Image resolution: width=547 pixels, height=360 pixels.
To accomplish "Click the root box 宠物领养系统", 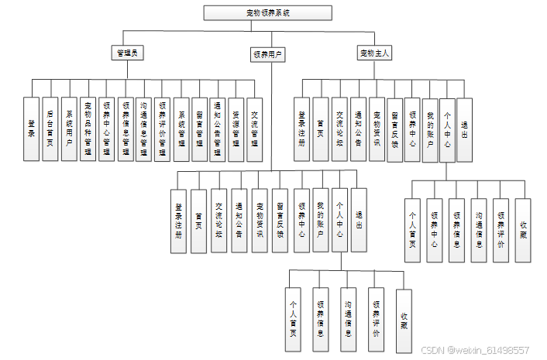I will point(267,12).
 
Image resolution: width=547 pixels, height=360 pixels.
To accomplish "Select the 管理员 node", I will point(127,53).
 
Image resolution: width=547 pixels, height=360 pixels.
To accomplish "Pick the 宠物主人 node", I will point(375,53).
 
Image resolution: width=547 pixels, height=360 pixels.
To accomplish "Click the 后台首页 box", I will point(50,128).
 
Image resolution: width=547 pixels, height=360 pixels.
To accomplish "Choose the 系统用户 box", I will point(69,128).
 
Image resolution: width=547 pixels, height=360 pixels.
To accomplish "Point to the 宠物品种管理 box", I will point(88,128).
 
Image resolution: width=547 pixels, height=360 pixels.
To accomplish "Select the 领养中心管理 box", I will point(107,128).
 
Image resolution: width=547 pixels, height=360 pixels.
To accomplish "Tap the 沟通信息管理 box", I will point(144,128).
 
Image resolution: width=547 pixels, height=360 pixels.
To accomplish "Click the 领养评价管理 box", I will point(163,128).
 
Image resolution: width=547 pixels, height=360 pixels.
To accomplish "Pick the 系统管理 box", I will point(181,128).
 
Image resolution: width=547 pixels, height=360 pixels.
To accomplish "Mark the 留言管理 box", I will point(200,128).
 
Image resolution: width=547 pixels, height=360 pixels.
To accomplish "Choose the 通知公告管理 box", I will point(218,128).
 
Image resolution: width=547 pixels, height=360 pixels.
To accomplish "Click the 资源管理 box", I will point(237,128).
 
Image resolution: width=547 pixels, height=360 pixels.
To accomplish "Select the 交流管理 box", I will point(256,128).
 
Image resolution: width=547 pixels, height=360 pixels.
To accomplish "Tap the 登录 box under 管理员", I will point(32,128).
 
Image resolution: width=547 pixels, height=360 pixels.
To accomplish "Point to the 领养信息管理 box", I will point(126,128).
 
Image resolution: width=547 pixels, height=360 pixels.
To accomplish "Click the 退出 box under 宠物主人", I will point(464,129).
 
